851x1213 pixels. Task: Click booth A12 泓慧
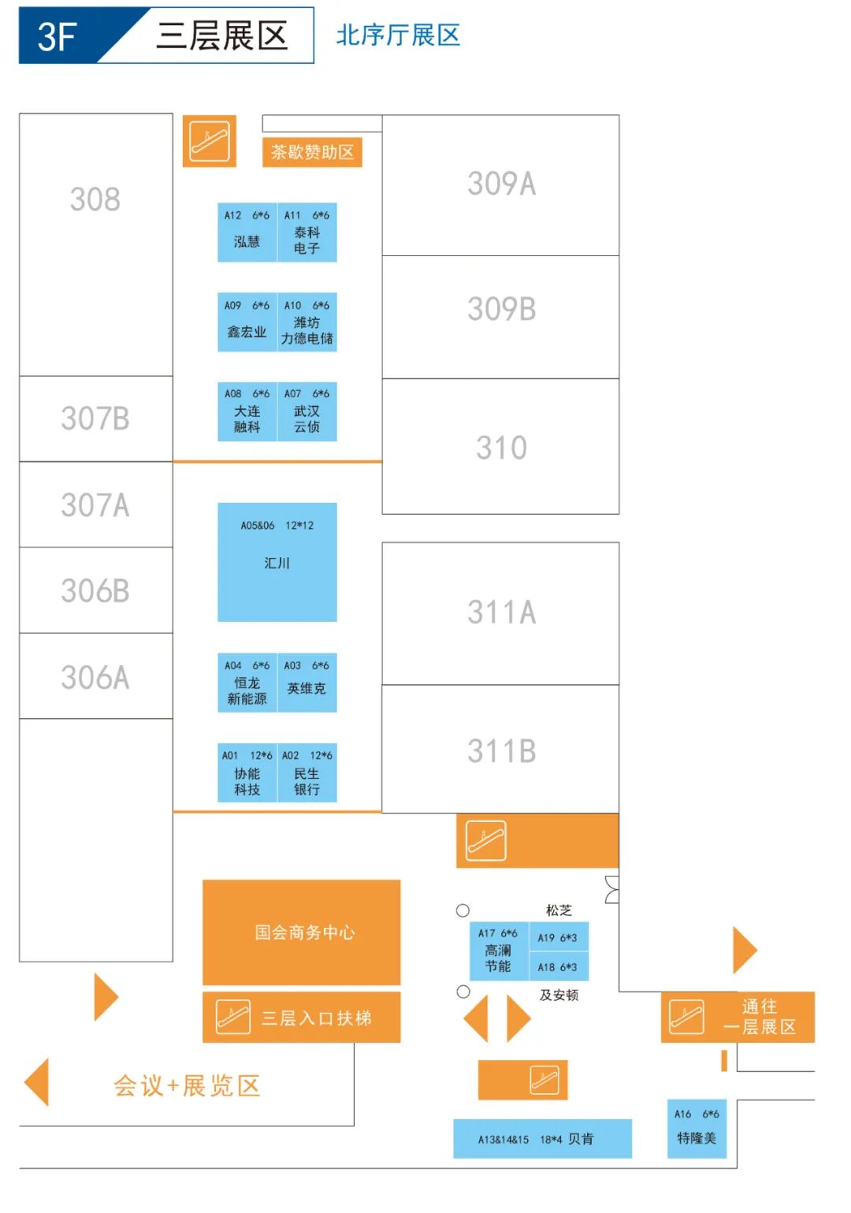(x=247, y=233)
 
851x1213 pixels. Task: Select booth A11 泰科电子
(x=307, y=233)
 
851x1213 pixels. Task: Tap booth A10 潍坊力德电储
(x=307, y=322)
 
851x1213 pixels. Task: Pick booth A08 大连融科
(x=247, y=411)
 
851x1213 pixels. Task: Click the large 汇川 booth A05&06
(x=277, y=562)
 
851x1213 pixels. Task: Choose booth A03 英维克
(x=307, y=683)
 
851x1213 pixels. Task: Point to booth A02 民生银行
(x=307, y=773)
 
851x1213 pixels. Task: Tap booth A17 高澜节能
(x=498, y=951)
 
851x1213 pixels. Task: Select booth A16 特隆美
(x=697, y=1129)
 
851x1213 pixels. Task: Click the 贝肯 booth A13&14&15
(x=542, y=1139)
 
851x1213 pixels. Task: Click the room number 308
(x=95, y=199)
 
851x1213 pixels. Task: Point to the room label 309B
(x=501, y=309)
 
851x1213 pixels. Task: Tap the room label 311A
(x=501, y=612)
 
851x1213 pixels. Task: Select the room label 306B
(x=95, y=590)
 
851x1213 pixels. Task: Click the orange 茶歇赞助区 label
(x=312, y=152)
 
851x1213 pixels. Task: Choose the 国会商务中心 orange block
(x=302, y=932)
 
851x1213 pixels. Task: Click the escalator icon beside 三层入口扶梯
(x=233, y=1017)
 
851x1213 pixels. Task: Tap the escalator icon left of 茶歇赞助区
(x=210, y=141)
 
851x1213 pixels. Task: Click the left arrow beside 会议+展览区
(x=37, y=1082)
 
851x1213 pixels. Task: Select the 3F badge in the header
(x=58, y=36)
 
